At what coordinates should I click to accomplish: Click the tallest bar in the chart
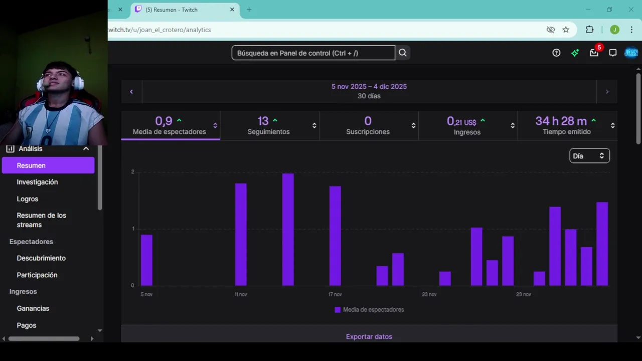[288, 229]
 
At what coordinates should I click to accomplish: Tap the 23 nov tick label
[429, 294]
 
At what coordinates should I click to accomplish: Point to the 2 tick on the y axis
[133, 172]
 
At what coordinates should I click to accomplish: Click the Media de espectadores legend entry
[369, 310]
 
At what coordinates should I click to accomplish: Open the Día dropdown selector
[589, 156]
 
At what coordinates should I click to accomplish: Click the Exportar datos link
[369, 336]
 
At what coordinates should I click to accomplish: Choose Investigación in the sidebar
[37, 182]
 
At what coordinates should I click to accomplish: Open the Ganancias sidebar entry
[33, 308]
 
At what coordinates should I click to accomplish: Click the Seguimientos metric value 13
[263, 121]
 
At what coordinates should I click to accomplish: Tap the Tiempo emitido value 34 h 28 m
[561, 121]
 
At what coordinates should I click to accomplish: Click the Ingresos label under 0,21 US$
[467, 132]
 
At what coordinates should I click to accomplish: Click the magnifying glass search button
[403, 53]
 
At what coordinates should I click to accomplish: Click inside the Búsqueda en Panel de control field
[313, 53]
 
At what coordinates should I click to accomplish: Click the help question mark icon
[556, 53]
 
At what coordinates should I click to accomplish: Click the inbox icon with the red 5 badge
[594, 53]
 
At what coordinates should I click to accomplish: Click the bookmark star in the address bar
[566, 30]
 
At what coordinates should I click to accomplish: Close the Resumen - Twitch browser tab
[232, 10]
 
